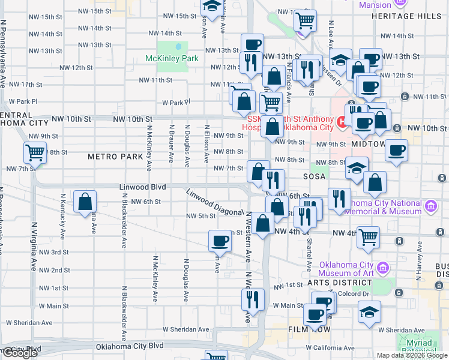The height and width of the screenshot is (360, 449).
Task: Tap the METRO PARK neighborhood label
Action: (115, 157)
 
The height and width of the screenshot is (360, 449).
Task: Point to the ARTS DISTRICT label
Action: (339, 282)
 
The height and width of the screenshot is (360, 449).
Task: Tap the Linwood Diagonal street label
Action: (214, 203)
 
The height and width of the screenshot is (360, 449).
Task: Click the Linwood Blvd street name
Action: (142, 187)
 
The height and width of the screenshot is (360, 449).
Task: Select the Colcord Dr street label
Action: (352, 293)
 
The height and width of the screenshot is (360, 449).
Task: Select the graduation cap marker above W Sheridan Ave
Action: (369, 311)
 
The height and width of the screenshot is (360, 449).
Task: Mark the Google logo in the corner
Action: (20, 353)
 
